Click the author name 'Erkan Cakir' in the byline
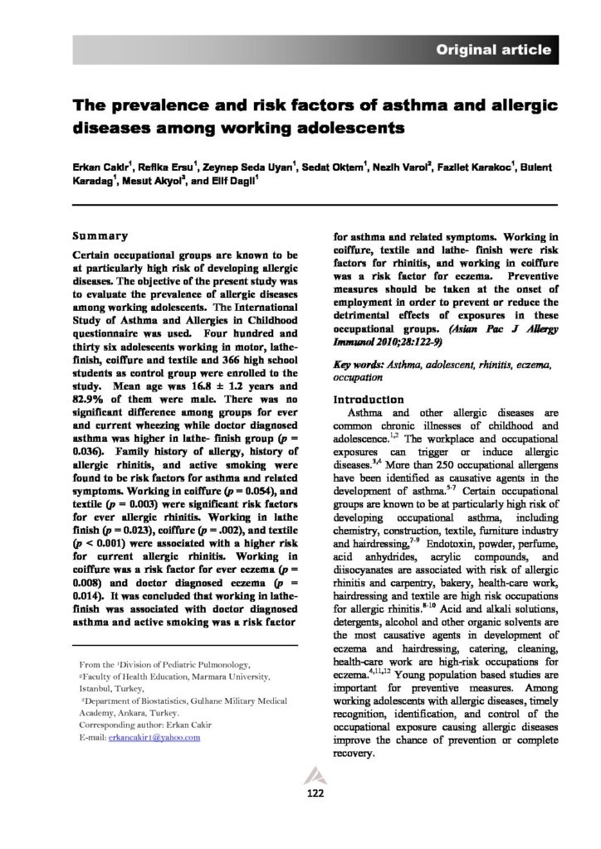click(x=100, y=168)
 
